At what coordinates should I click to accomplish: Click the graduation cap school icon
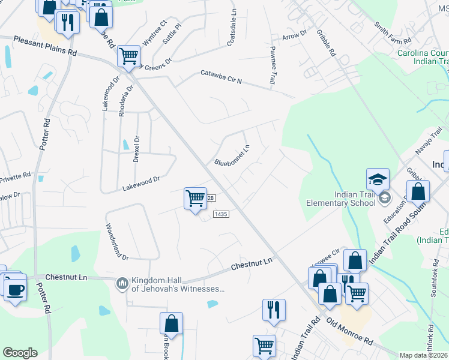click(x=378, y=179)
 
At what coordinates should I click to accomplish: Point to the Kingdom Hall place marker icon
click(x=122, y=283)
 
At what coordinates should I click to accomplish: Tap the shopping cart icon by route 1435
click(x=195, y=198)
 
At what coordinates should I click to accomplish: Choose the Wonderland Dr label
click(x=117, y=241)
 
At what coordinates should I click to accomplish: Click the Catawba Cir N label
click(x=221, y=78)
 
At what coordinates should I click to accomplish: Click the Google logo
click(x=20, y=353)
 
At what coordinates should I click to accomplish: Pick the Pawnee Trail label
click(x=273, y=64)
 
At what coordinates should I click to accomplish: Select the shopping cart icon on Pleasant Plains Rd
click(x=128, y=56)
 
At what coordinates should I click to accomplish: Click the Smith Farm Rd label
click(x=393, y=34)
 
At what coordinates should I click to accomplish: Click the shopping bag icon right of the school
click(x=418, y=191)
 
